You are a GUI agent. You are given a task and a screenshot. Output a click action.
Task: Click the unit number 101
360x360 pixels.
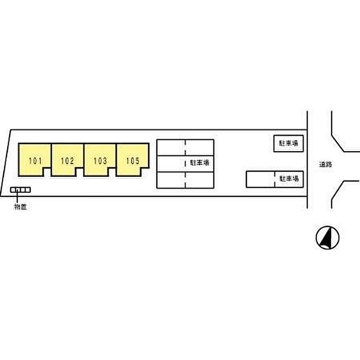click(35, 161)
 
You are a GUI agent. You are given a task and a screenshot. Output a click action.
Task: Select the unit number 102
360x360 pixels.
click(67, 161)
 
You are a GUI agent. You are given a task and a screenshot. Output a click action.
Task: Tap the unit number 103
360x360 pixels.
click(100, 161)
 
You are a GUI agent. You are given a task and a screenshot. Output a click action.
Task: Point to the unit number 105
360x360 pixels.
click(133, 161)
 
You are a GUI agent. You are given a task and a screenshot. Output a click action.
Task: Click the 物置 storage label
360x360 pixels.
click(21, 207)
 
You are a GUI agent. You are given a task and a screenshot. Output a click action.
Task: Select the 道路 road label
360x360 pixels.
click(326, 165)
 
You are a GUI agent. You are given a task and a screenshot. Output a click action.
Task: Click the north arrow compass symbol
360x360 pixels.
click(328, 238)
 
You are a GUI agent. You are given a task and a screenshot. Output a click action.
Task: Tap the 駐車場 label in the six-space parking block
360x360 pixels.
click(200, 163)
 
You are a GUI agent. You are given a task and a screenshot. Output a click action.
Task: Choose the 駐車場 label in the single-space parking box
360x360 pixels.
click(289, 143)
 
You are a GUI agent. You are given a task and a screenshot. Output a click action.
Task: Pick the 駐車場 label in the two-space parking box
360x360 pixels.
click(289, 178)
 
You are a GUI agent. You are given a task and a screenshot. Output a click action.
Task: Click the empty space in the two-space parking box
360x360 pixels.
click(260, 179)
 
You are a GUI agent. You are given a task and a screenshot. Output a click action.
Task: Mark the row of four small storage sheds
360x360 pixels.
click(21, 190)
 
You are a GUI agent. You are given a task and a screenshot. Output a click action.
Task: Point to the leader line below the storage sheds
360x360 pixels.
click(17, 197)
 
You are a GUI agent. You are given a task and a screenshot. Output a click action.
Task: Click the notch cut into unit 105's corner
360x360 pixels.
click(145, 172)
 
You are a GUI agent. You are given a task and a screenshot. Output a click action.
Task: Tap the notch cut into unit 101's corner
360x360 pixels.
click(47, 172)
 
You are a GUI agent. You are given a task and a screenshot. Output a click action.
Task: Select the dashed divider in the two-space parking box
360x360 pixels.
click(275, 179)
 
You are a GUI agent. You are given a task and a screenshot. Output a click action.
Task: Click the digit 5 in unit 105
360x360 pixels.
click(137, 161)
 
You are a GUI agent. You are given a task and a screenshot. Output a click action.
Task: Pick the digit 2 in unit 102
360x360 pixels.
click(72, 161)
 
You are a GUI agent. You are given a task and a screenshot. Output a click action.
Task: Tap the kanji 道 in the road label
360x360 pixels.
click(322, 165)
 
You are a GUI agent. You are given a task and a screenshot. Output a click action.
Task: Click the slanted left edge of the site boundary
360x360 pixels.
click(6, 163)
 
